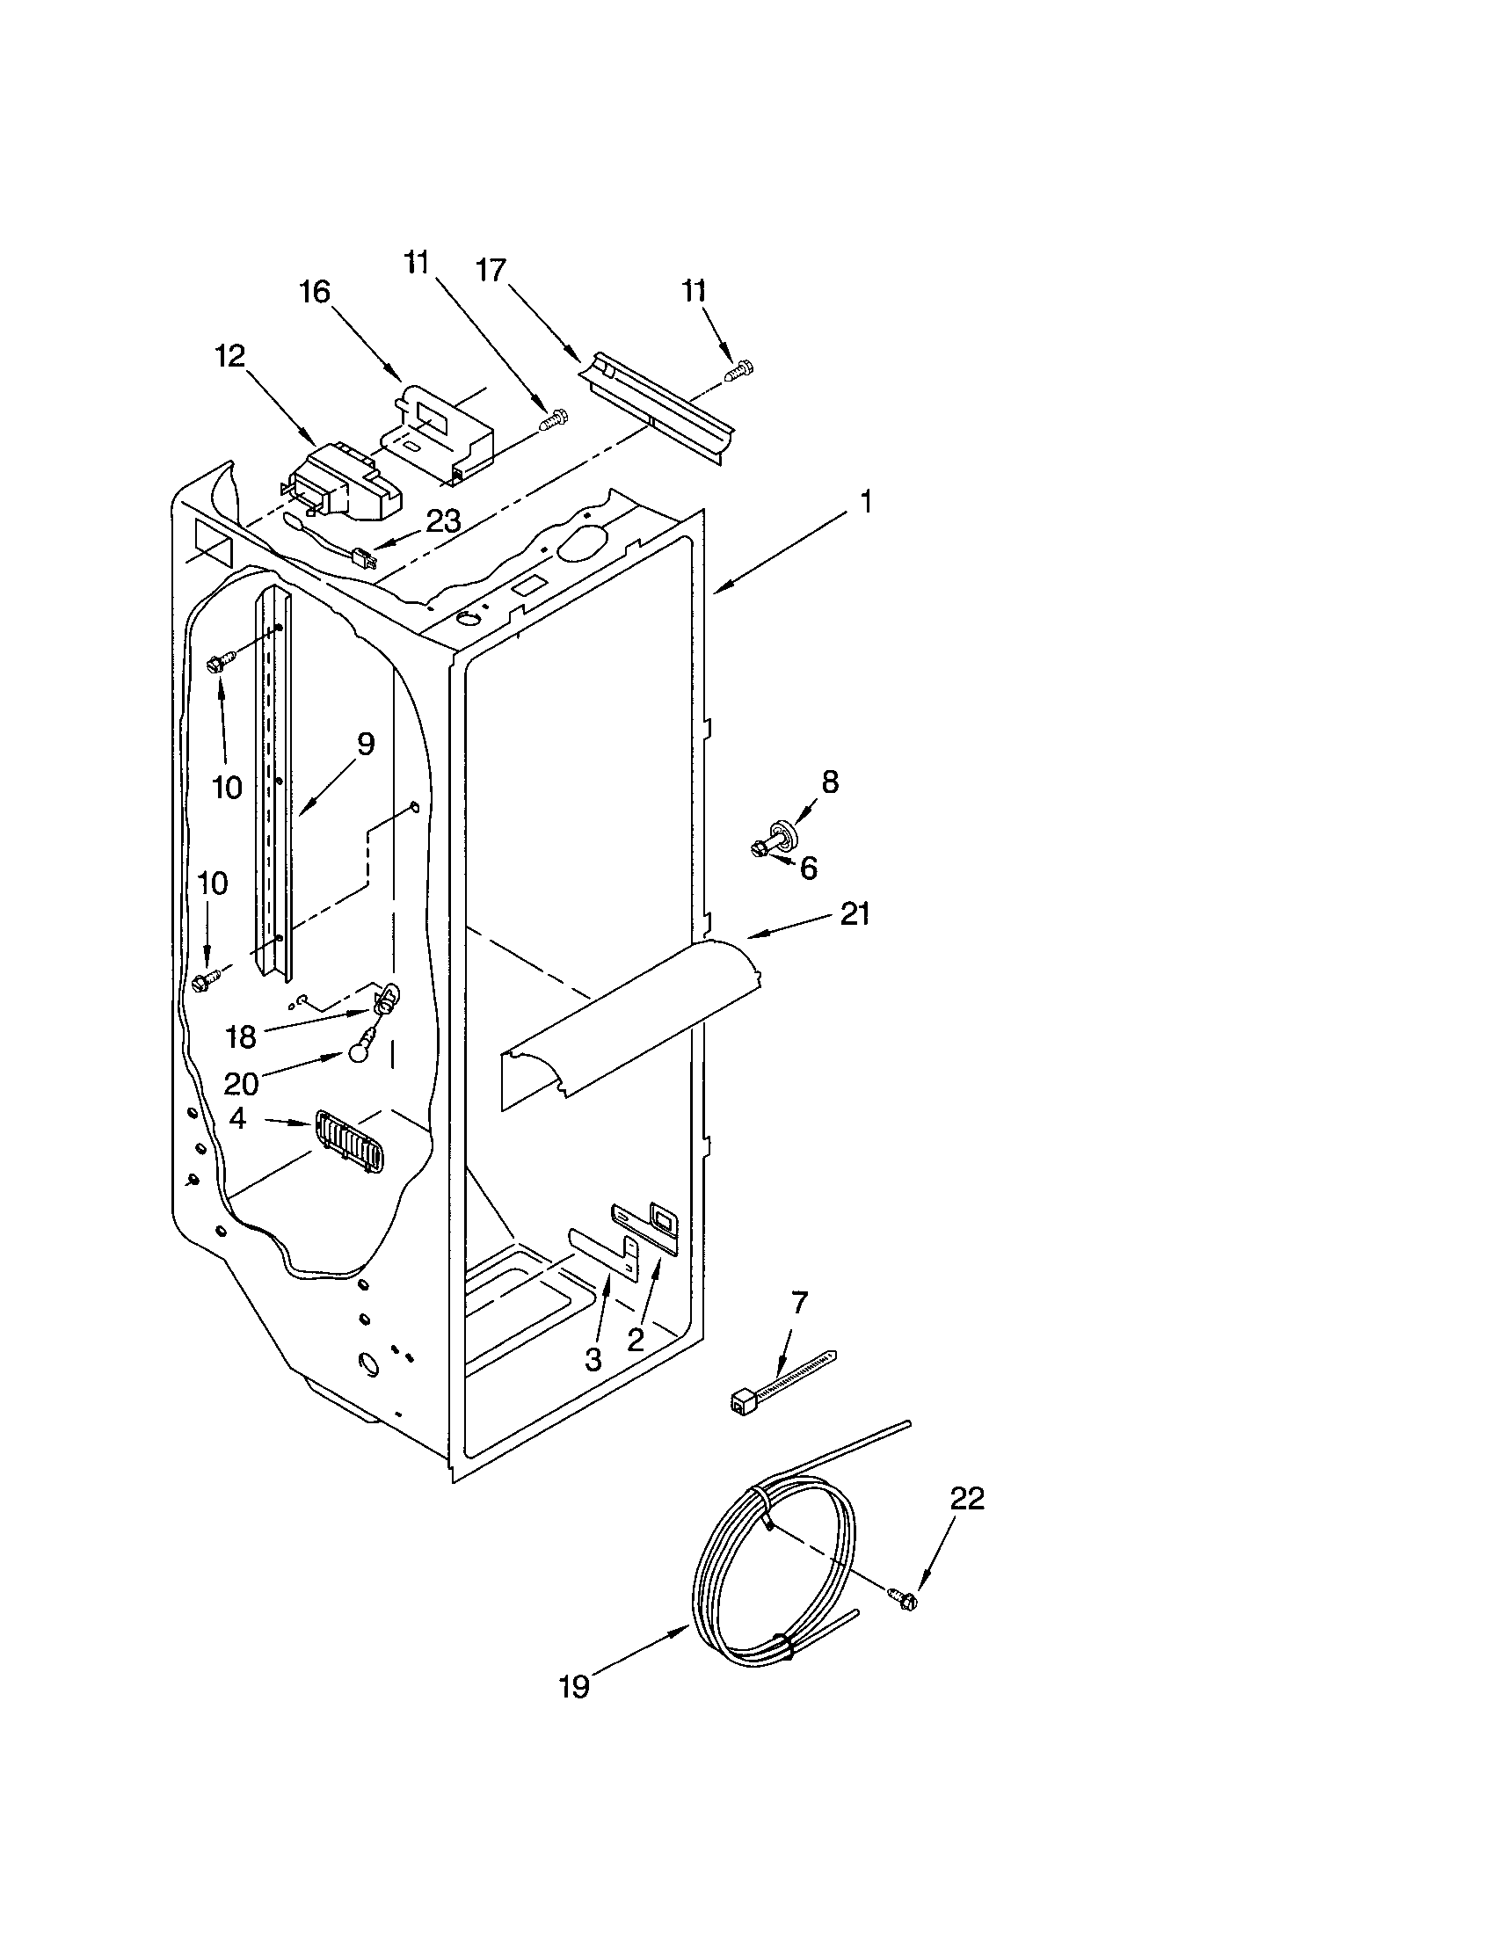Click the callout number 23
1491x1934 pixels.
point(443,521)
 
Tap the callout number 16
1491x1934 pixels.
point(314,291)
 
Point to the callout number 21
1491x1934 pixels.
point(855,913)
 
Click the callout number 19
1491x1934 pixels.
point(574,1687)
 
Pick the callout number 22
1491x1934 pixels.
point(967,1498)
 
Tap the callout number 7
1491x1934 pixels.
point(799,1302)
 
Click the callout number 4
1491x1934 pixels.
point(237,1118)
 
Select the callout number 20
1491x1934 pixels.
point(241,1083)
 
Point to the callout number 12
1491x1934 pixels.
point(230,356)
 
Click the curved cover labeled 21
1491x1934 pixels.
point(629,1018)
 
